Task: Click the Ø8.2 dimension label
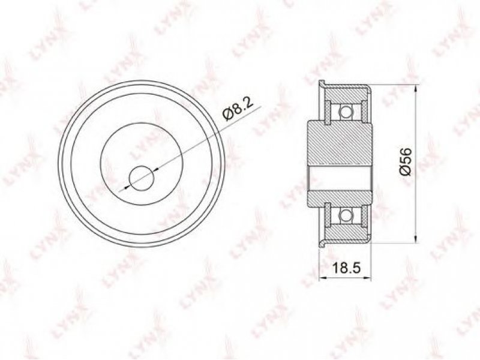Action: [239, 110]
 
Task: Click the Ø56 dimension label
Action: [406, 161]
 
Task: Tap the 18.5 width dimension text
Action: [347, 268]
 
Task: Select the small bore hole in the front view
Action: [142, 178]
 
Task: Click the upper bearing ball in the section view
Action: [345, 112]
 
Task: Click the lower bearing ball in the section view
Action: [345, 215]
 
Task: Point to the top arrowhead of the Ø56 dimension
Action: [415, 89]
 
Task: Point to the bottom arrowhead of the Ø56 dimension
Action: [415, 239]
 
